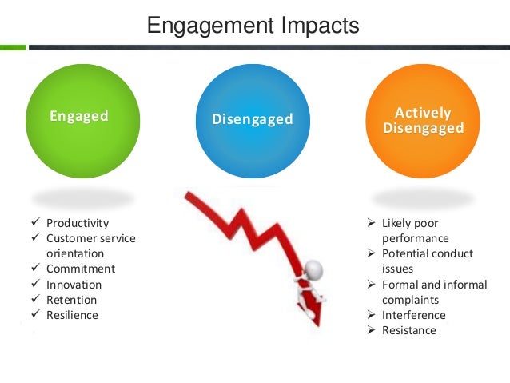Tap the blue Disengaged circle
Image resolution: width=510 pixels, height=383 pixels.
point(252,120)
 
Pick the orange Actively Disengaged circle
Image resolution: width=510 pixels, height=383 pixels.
point(423,120)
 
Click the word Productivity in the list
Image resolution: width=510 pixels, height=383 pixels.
point(77,223)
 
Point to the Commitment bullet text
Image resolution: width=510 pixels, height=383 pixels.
point(80,269)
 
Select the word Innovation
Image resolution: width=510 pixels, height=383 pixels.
point(74,285)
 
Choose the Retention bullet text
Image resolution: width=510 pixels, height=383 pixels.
point(71,300)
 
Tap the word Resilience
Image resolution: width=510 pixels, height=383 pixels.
point(72,315)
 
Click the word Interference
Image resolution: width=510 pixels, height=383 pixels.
point(414,314)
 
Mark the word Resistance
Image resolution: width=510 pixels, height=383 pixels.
point(408,329)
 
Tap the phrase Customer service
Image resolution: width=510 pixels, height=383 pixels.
point(90,238)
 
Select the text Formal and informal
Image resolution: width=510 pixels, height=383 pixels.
point(434,285)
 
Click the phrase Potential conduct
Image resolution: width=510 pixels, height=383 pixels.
point(427,253)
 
